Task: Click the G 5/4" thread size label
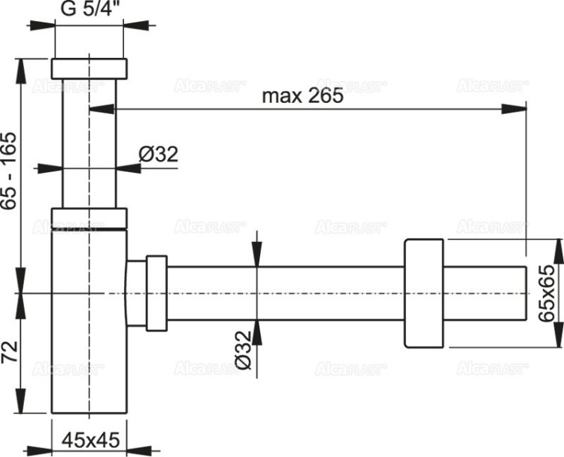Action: pyautogui.click(x=89, y=11)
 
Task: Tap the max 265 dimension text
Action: pyautogui.click(x=302, y=95)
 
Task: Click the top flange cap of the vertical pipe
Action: pyautogui.click(x=89, y=67)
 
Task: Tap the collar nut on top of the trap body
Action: pyautogui.click(x=89, y=218)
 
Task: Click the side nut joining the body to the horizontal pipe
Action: pyautogui.click(x=156, y=292)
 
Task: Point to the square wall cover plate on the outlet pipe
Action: pyautogui.click(x=425, y=293)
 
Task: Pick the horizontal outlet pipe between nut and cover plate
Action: pyautogui.click(x=286, y=293)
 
